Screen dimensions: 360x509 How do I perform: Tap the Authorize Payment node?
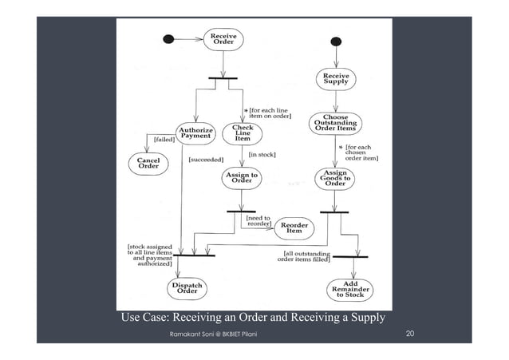coord(194,131)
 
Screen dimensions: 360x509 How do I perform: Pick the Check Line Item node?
coord(243,133)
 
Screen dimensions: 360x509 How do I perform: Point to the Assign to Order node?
coord(242,178)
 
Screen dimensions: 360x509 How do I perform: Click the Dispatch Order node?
coord(187,287)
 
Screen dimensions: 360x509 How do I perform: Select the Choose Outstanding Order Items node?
coord(341,124)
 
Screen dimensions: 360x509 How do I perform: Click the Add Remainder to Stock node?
coord(349,288)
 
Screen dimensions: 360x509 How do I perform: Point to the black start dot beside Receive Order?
coord(168,38)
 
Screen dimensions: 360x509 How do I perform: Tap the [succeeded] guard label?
coord(205,160)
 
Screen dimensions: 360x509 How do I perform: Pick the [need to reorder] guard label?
coord(258,220)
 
